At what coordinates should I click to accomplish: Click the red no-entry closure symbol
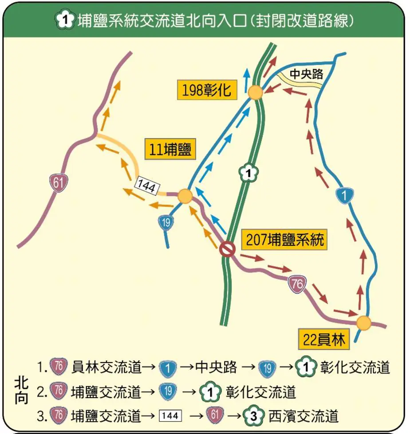(x=227, y=249)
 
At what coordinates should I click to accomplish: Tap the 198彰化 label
(x=206, y=90)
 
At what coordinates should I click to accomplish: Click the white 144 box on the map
(x=146, y=187)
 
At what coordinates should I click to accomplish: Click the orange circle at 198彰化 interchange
(x=255, y=93)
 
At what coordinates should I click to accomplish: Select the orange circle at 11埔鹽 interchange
(x=185, y=196)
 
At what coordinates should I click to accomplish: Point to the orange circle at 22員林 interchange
(x=363, y=323)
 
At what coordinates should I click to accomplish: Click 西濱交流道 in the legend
(x=304, y=416)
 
